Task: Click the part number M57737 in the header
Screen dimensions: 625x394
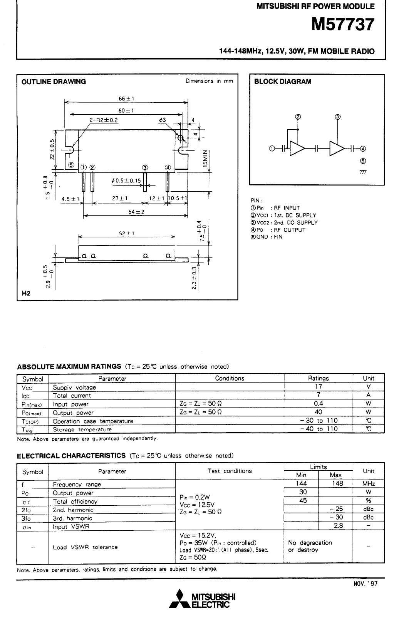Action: [x=342, y=25]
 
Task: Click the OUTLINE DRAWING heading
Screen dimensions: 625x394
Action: [x=54, y=82]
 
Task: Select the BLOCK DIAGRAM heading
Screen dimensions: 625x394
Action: [x=283, y=82]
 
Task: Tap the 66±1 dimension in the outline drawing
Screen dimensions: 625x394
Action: [x=126, y=99]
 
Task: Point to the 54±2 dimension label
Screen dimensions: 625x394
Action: [x=136, y=212]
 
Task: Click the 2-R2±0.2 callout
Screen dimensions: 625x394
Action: [x=104, y=120]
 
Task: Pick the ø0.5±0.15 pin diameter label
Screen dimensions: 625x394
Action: [x=126, y=181]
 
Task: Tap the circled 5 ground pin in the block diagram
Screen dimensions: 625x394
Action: [x=362, y=161]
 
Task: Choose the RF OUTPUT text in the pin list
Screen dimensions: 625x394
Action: [x=290, y=230]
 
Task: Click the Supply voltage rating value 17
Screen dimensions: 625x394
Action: [x=319, y=387]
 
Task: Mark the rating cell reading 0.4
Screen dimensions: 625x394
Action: [x=319, y=404]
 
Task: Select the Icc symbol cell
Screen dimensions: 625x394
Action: [x=26, y=396]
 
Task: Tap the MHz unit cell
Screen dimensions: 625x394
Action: [x=369, y=483]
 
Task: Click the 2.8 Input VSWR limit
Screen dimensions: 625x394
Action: [x=339, y=526]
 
